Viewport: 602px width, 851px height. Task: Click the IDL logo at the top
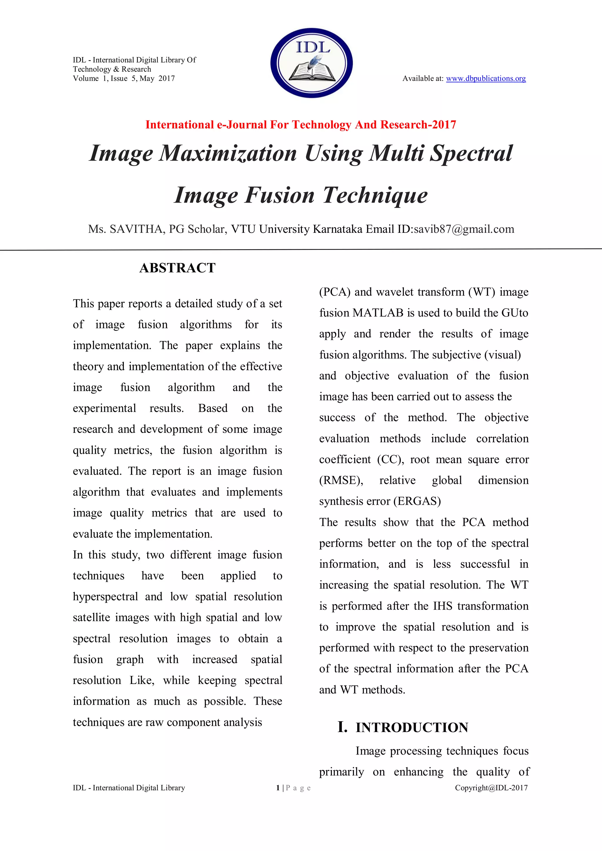[311, 63]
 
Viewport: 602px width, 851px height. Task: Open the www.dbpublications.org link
[486, 78]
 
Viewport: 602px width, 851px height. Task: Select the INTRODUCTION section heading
[412, 728]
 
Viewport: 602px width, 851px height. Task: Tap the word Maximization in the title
[228, 153]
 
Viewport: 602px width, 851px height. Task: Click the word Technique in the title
[375, 195]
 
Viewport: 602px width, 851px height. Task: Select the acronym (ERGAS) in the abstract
[417, 501]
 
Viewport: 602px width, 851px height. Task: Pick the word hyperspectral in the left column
[105, 597]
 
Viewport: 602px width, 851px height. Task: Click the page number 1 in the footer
[278, 788]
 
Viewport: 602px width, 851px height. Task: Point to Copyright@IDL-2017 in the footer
[491, 788]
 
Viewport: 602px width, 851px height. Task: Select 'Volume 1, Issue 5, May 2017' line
[124, 78]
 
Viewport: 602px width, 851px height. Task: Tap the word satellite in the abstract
[91, 618]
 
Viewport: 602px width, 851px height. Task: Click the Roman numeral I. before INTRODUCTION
[342, 727]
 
